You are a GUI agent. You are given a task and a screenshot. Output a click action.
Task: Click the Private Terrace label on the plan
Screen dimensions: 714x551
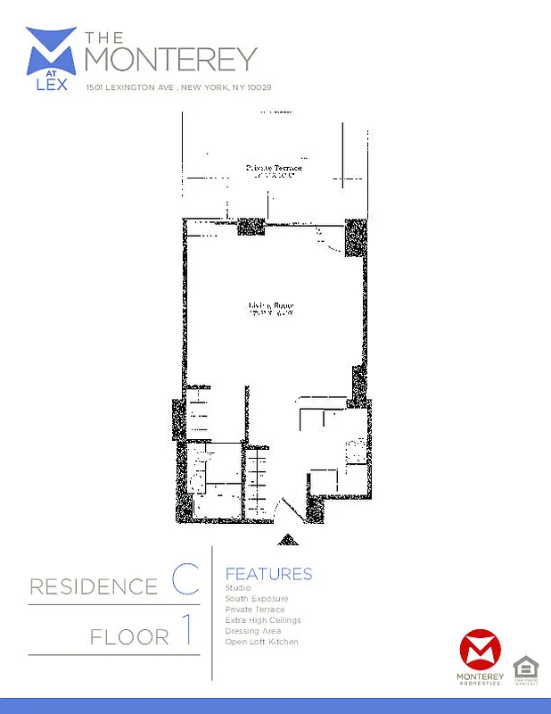pos(275,168)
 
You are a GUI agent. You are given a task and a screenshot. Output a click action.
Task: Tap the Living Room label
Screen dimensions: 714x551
pos(271,307)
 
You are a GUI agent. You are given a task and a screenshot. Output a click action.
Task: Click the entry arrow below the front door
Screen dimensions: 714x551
pos(289,539)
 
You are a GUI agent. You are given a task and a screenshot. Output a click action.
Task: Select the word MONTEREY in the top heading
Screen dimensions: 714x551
pos(171,59)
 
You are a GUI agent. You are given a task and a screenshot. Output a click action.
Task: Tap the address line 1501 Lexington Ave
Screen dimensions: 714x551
pos(178,87)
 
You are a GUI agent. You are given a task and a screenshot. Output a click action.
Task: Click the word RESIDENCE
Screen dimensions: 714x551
pos(94,586)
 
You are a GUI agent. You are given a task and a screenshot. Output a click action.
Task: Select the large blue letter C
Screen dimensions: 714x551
pos(185,581)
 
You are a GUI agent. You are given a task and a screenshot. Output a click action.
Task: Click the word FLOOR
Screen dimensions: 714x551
pos(129,636)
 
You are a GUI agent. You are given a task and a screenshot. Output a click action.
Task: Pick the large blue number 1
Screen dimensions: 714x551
pos(187,632)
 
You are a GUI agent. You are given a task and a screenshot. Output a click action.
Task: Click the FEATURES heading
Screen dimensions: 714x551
pos(268,574)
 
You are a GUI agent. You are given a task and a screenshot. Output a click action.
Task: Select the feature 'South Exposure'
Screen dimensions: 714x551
pos(257,598)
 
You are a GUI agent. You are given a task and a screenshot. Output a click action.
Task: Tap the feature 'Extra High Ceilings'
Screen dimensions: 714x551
pos(263,620)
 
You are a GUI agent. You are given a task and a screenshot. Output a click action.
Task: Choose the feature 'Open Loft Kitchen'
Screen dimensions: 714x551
pos(261,642)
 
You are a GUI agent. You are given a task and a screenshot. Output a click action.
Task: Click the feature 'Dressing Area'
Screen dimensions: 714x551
pos(253,631)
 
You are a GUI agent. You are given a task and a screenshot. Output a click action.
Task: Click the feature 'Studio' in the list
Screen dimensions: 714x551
pos(238,587)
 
